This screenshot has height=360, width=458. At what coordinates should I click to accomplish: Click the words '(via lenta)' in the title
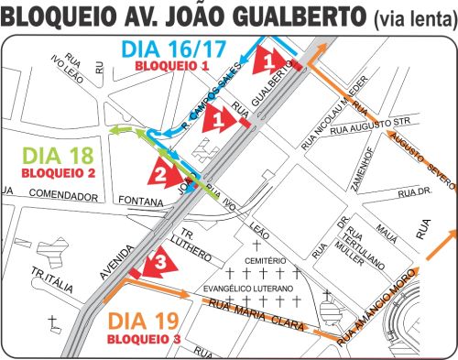click(x=409, y=17)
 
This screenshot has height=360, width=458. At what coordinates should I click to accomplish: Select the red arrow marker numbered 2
click(x=160, y=171)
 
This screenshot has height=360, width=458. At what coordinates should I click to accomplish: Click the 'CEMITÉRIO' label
click(x=266, y=261)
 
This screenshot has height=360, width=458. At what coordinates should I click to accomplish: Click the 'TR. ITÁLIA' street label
click(x=51, y=278)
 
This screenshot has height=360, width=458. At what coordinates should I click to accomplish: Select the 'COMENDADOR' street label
click(x=60, y=194)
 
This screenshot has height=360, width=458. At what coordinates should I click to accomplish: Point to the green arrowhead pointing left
click(x=116, y=131)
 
